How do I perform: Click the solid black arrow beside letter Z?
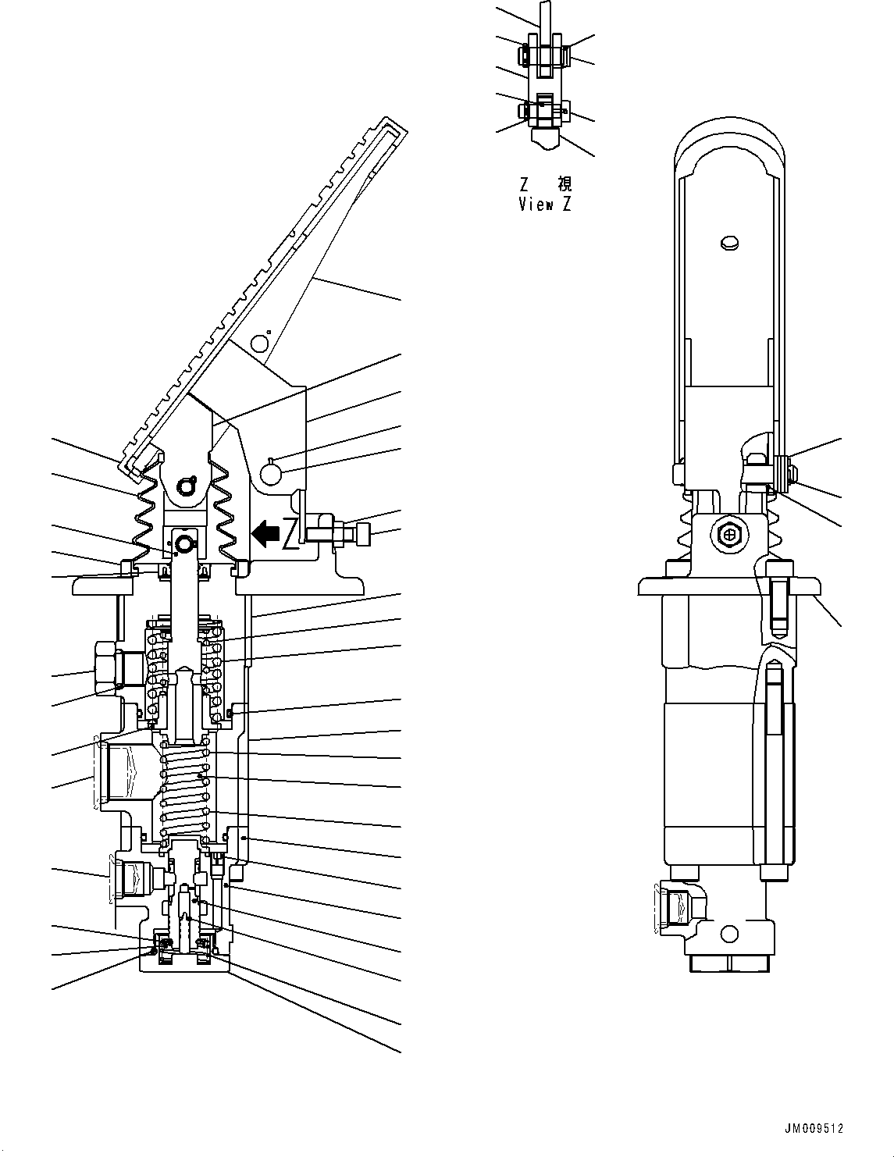[x=265, y=533]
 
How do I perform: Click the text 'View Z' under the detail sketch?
[x=546, y=205]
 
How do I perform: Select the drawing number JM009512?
[x=814, y=1128]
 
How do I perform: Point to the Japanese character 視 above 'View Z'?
[x=564, y=185]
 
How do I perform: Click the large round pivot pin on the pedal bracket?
[x=271, y=473]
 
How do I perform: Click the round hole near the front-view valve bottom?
[x=730, y=932]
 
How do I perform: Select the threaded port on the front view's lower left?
[x=677, y=906]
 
